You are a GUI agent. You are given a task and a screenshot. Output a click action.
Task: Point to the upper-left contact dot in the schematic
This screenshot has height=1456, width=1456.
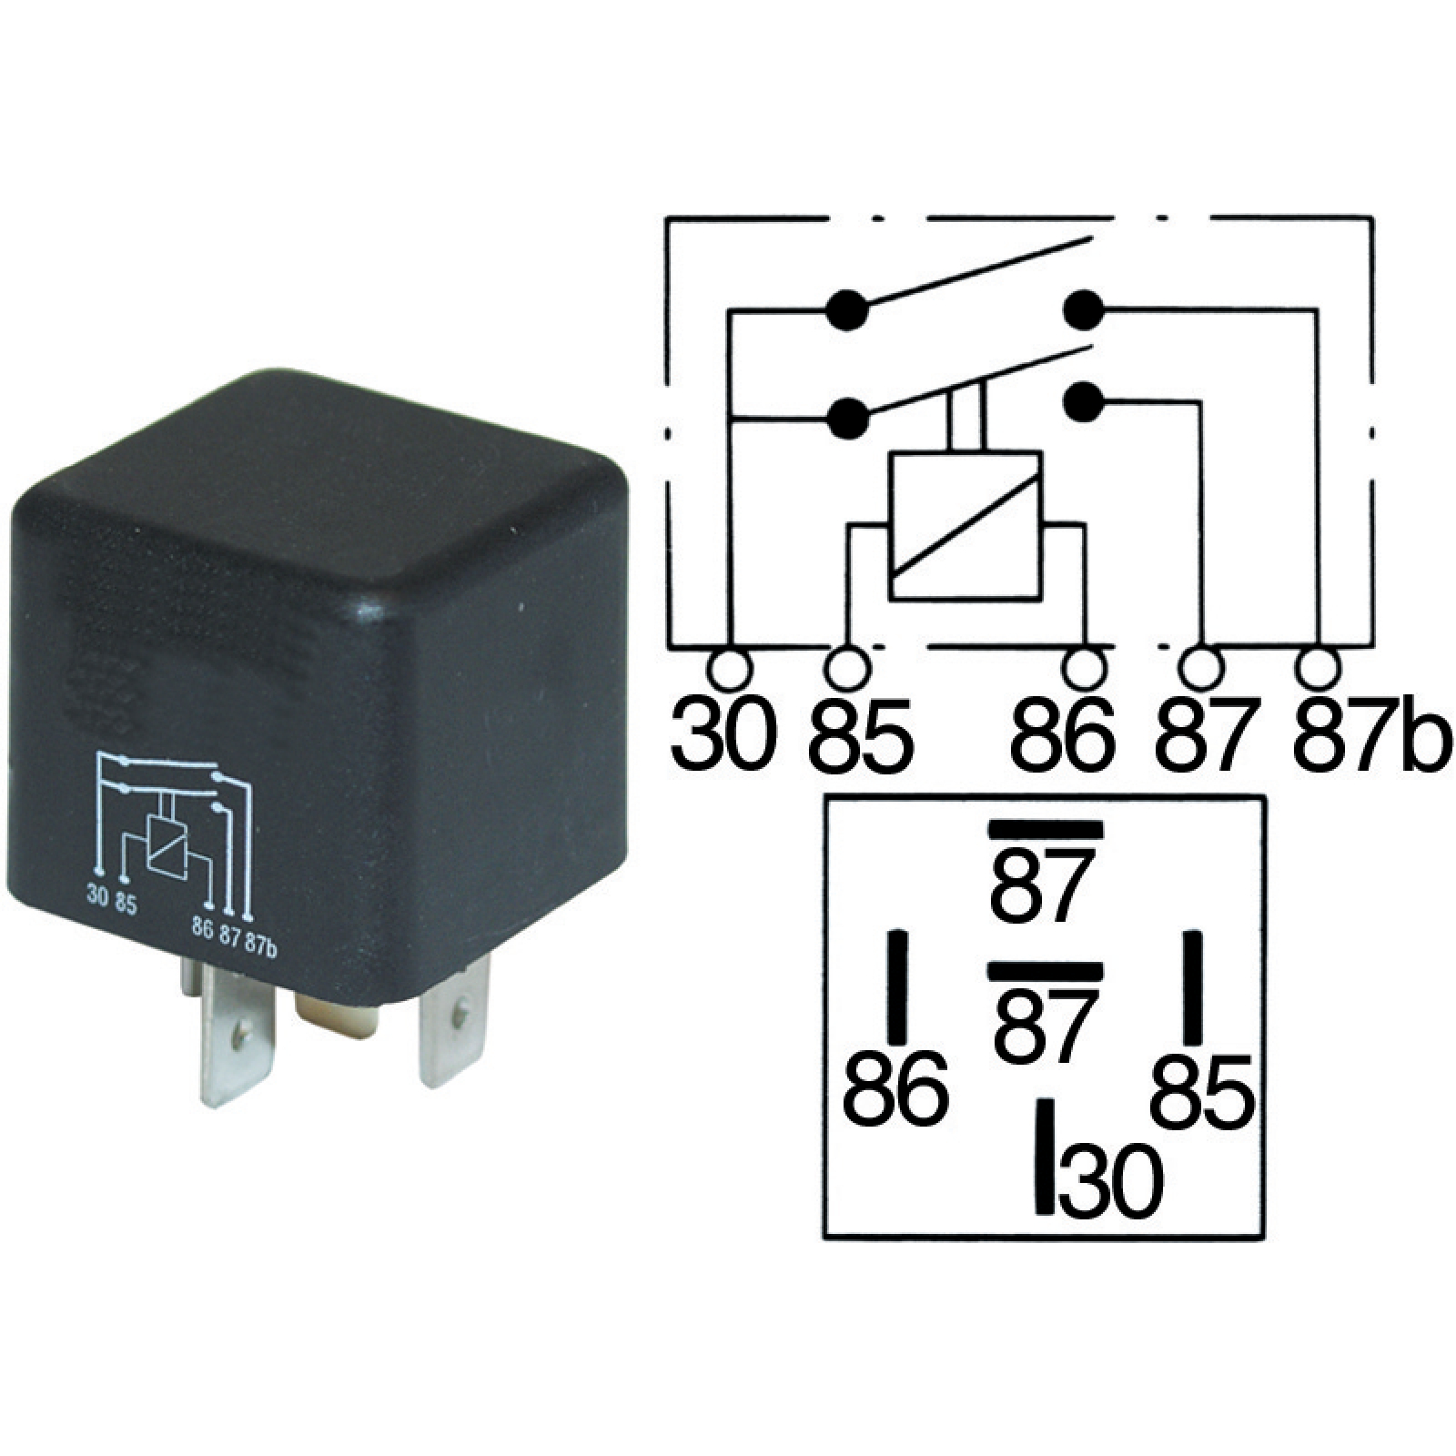click(x=847, y=311)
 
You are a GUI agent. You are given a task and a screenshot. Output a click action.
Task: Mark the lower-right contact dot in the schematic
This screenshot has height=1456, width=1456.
click(x=1083, y=401)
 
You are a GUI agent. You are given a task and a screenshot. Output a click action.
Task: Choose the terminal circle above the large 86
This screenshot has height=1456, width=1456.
click(x=1084, y=669)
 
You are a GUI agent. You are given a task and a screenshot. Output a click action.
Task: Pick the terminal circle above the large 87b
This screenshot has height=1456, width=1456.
click(x=1319, y=669)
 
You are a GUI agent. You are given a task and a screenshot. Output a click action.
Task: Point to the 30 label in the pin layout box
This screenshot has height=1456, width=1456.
click(x=1112, y=1183)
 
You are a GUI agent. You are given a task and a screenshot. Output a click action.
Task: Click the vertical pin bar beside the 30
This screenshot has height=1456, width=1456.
click(x=1046, y=1156)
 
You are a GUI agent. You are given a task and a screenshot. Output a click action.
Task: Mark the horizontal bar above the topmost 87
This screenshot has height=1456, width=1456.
click(x=1046, y=829)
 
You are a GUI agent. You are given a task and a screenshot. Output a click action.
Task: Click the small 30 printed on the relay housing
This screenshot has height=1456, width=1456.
click(x=97, y=894)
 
